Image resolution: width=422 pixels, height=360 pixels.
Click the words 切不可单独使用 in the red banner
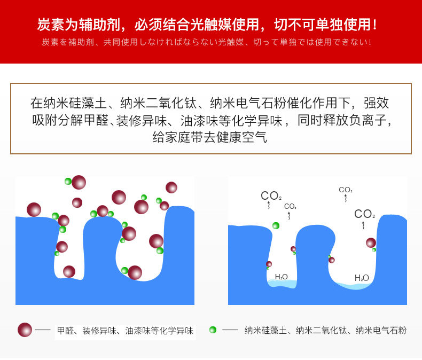click(325, 25)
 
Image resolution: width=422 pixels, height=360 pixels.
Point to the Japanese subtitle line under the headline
click(206, 42)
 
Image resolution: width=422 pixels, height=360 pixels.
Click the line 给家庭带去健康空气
click(209, 137)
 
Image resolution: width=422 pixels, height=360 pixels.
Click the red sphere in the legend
click(25, 330)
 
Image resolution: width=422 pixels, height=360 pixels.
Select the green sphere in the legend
click(213, 330)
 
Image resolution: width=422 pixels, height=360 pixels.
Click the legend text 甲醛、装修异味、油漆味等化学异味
click(125, 331)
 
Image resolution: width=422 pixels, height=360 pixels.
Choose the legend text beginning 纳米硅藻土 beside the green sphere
click(325, 331)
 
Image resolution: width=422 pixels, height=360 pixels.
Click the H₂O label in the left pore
click(281, 277)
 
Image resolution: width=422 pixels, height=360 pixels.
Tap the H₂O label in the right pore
click(362, 278)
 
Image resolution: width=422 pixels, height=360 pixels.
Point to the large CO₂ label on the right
click(364, 215)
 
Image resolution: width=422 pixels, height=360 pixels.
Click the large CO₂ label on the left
click(271, 196)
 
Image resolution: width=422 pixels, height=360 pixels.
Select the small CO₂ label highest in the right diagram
click(346, 190)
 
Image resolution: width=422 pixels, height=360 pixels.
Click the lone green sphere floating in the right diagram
click(276, 225)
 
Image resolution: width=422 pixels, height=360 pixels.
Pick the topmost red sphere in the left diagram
click(79, 182)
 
